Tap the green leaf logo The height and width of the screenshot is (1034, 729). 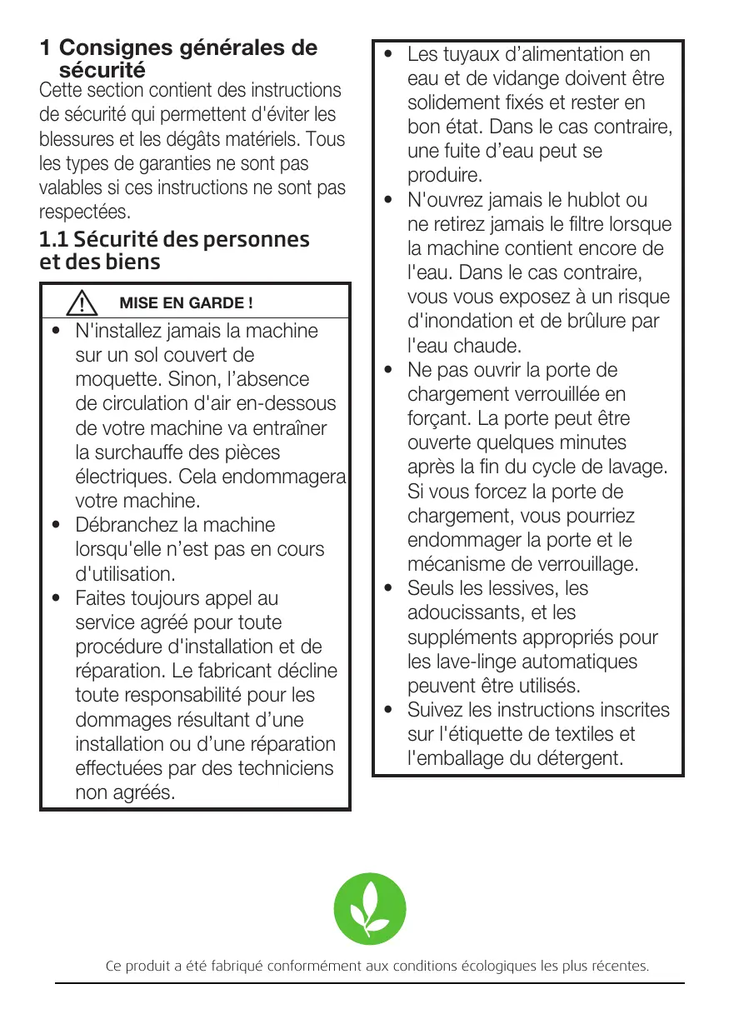coord(370,909)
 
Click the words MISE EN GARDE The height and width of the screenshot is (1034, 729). coord(187,302)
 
